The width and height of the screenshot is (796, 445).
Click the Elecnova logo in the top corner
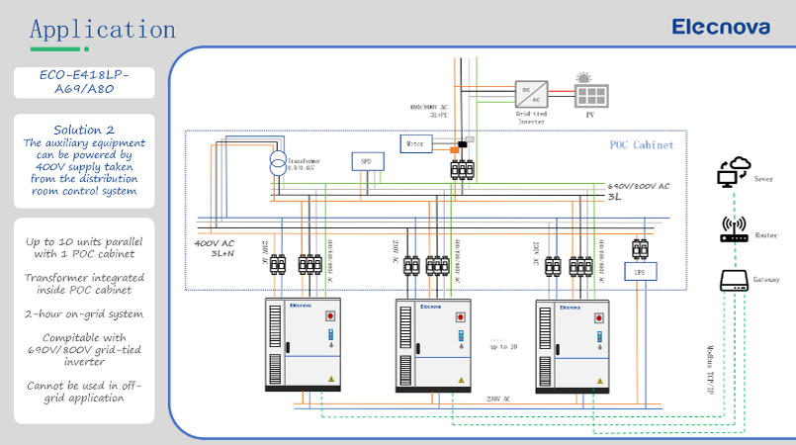(x=720, y=27)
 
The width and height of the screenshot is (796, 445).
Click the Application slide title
(x=103, y=29)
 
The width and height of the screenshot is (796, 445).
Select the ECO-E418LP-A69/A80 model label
(x=84, y=81)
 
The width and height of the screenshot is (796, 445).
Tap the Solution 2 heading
(x=84, y=129)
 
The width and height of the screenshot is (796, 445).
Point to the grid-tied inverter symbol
(x=531, y=95)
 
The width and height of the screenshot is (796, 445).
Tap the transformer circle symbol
(x=278, y=164)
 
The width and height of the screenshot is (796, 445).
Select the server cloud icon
(x=734, y=173)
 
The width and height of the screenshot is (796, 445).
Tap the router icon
(x=733, y=228)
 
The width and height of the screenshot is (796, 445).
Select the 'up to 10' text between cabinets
(x=503, y=346)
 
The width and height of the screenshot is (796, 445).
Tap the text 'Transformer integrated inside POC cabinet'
(x=84, y=283)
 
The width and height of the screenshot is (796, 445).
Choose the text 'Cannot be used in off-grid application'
(x=84, y=391)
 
